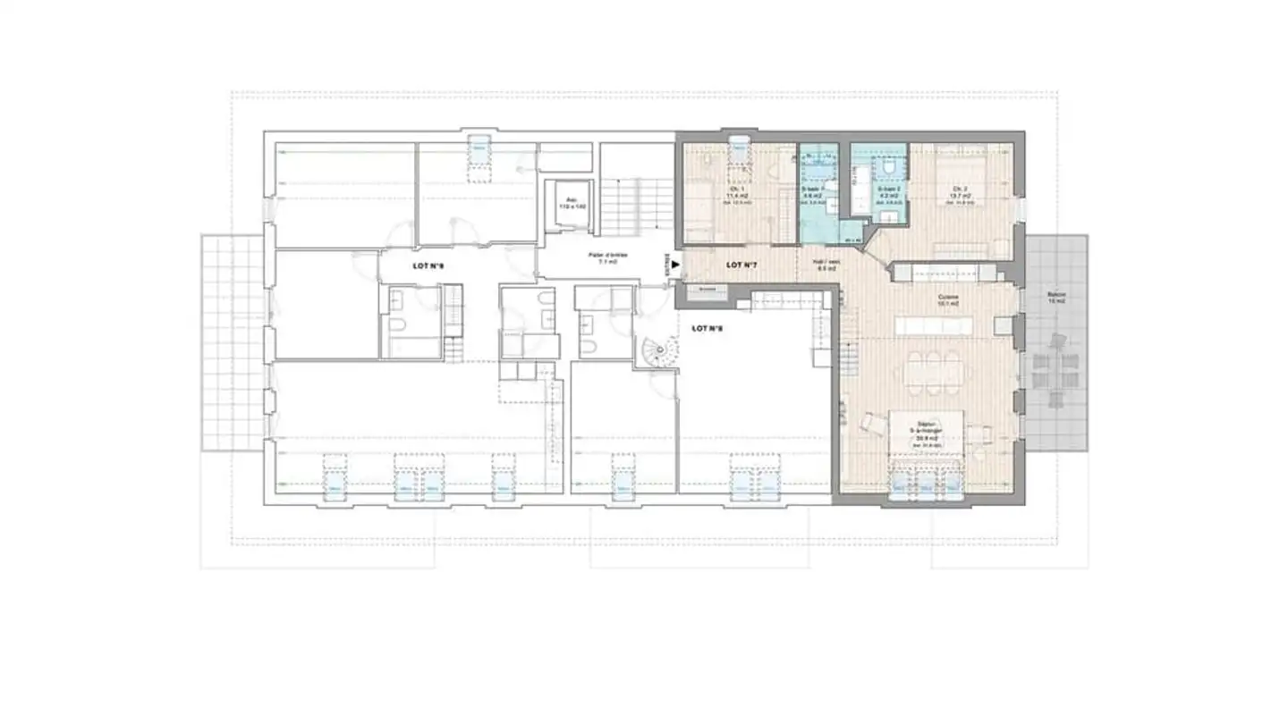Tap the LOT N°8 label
707,329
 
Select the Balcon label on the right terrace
1058,297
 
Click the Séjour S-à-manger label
926,432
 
